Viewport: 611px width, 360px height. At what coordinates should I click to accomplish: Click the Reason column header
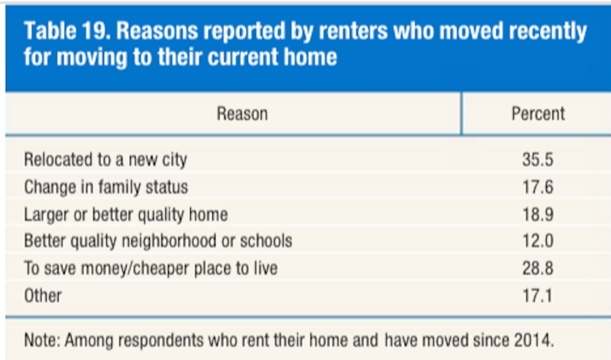click(x=242, y=114)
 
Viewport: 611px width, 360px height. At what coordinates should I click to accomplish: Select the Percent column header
click(x=538, y=114)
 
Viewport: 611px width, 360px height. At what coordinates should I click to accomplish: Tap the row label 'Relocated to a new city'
click(x=105, y=160)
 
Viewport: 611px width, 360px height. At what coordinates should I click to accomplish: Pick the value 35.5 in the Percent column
click(x=538, y=160)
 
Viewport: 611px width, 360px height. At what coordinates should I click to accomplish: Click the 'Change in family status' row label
click(x=106, y=187)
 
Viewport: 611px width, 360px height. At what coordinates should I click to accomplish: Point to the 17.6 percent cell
click(x=538, y=187)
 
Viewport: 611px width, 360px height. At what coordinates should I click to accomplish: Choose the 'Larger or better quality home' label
click(x=126, y=215)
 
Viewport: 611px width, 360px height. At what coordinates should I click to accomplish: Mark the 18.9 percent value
click(x=538, y=215)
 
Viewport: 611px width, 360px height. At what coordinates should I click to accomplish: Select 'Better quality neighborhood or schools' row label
click(x=158, y=241)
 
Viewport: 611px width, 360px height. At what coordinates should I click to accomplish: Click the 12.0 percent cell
click(x=538, y=241)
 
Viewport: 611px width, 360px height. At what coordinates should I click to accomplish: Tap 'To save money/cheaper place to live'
click(x=150, y=269)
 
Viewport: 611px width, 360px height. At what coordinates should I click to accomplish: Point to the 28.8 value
click(x=538, y=268)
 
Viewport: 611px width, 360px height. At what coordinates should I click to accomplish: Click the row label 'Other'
click(x=43, y=296)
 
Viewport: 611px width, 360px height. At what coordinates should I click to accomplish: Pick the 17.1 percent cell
click(x=538, y=296)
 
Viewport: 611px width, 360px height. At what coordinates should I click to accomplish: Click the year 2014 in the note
click(x=533, y=340)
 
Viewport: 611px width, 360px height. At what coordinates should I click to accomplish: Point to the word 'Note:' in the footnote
click(x=43, y=340)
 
